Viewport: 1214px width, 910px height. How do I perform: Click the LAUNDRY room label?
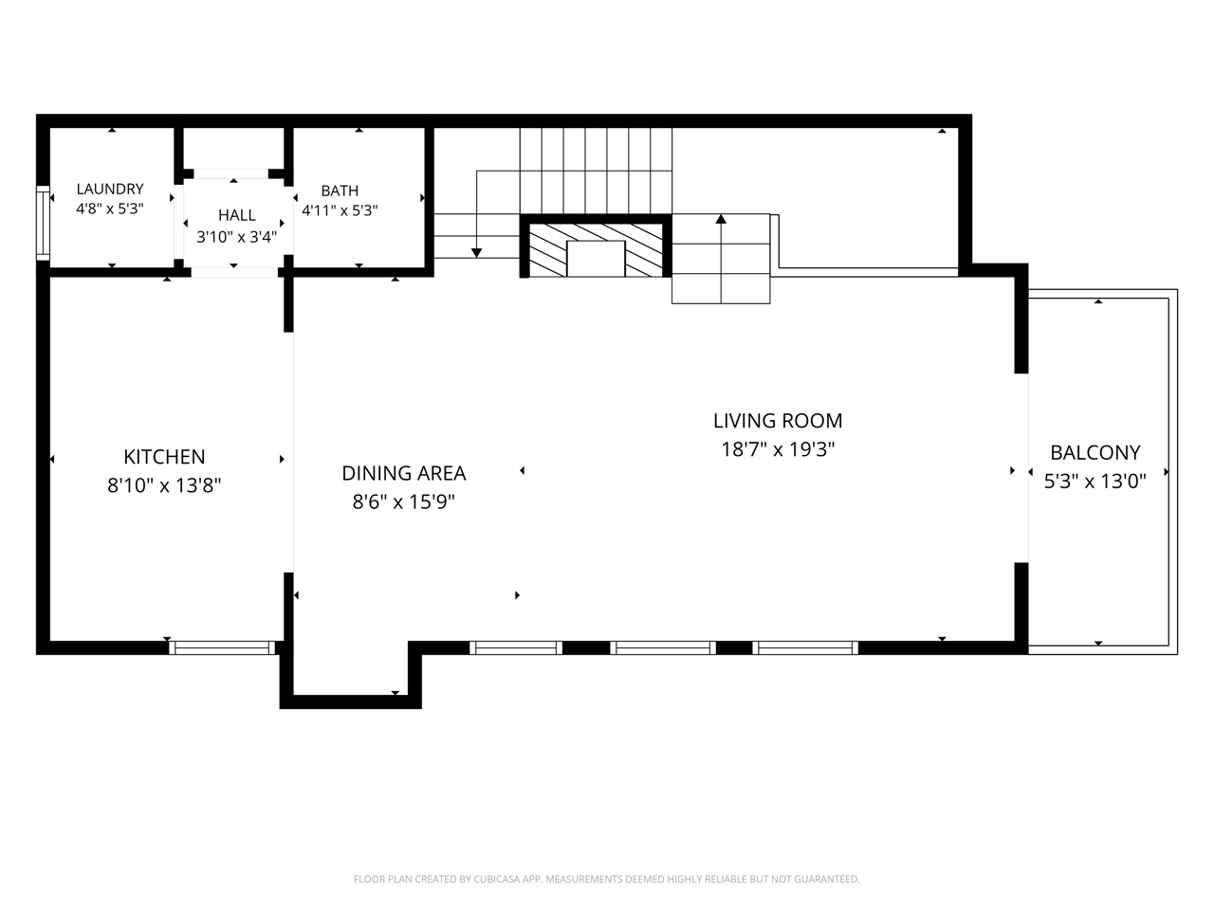pyautogui.click(x=109, y=189)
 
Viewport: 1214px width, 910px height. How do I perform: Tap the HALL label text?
pyautogui.click(x=237, y=215)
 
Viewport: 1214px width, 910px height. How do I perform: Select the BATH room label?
pyautogui.click(x=340, y=191)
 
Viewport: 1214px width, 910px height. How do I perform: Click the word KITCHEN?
pyautogui.click(x=164, y=457)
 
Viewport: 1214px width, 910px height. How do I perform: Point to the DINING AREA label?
pyautogui.click(x=404, y=474)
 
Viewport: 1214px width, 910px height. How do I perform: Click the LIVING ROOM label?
pyautogui.click(x=778, y=421)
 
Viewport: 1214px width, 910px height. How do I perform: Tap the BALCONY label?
pyautogui.click(x=1095, y=453)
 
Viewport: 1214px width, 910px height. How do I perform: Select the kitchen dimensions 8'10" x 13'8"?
pyautogui.click(x=164, y=485)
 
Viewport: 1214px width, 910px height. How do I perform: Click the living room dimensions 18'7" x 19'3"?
pyautogui.click(x=778, y=449)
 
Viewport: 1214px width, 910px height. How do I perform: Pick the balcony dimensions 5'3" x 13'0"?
pyautogui.click(x=1095, y=482)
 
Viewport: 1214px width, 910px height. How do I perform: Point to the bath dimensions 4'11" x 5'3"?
pyautogui.click(x=340, y=210)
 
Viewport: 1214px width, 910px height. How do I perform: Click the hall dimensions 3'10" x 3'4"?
pyautogui.click(x=237, y=237)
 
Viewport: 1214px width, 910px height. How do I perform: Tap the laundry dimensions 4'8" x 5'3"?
pyautogui.click(x=109, y=209)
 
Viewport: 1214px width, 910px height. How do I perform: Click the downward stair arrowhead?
pyautogui.click(x=476, y=253)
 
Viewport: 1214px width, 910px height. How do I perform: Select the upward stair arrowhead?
pyautogui.click(x=721, y=219)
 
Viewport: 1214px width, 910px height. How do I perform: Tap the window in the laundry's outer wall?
pyautogui.click(x=43, y=223)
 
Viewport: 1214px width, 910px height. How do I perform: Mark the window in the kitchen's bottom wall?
pyautogui.click(x=222, y=647)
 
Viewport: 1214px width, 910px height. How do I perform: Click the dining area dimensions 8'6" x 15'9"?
pyautogui.click(x=404, y=502)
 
